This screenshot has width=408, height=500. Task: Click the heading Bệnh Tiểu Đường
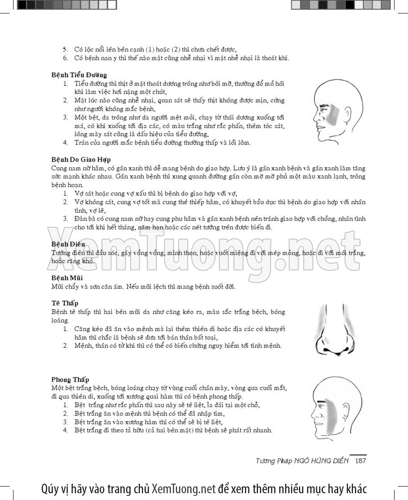79,75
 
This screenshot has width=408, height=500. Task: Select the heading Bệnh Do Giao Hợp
81,159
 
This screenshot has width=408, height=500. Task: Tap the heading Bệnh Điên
68,244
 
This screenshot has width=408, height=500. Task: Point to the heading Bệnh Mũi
67,277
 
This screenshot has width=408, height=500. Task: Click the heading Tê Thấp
65,303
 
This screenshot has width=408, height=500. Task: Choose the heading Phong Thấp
70,379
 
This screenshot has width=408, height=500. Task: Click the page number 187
360,461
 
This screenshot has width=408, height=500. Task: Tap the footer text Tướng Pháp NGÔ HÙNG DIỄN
302,461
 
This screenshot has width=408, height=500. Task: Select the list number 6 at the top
65,58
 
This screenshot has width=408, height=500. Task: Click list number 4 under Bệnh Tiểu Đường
65,143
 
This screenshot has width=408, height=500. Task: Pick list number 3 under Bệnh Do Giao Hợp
65,219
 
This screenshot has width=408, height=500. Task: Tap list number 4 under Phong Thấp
65,430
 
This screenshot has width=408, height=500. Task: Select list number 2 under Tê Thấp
65,346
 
